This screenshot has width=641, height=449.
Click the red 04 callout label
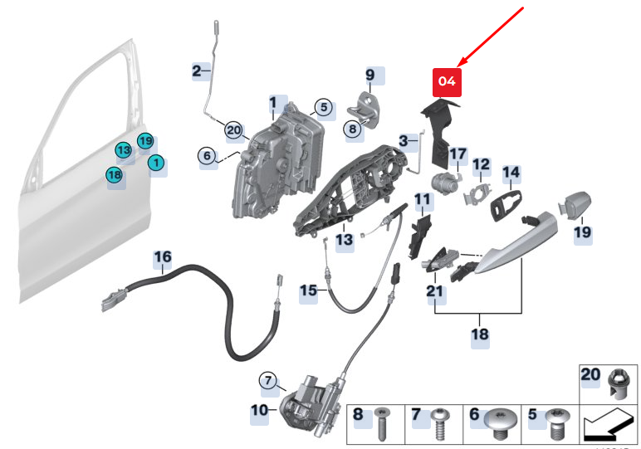click(447, 81)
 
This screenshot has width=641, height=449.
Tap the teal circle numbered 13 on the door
click(124, 150)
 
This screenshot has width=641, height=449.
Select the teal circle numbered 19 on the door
click(145, 141)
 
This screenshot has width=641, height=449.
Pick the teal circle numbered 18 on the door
click(115, 175)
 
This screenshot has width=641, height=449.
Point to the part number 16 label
click(162, 258)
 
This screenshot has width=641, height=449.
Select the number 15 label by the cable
click(308, 291)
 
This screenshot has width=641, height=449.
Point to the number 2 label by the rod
click(197, 71)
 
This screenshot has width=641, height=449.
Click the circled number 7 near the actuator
click(268, 381)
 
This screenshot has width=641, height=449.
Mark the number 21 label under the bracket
click(436, 291)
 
